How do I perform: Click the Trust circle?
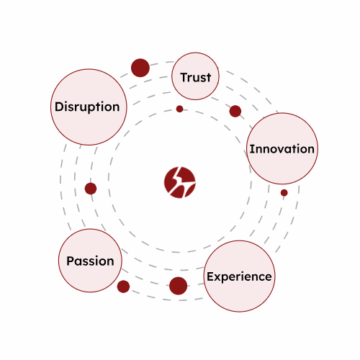coord(195,76)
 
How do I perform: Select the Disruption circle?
coord(89,107)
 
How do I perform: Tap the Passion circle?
coord(90,261)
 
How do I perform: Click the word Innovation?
coord(282,149)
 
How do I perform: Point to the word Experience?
coord(239,276)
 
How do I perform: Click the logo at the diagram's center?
coord(180,182)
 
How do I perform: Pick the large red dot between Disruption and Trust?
coord(140,68)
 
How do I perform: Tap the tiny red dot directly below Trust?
coord(179,109)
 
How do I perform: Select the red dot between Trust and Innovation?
coord(235,111)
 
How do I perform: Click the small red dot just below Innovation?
coord(284,192)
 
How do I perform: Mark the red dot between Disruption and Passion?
coord(91,189)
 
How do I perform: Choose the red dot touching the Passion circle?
coord(123,287)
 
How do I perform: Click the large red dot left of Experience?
coord(178,286)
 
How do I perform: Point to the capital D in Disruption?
coord(59,107)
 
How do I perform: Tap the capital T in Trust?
coord(184,78)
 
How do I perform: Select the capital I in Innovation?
coord(251,149)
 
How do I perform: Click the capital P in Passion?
coord(71,261)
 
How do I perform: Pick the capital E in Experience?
coord(210,276)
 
